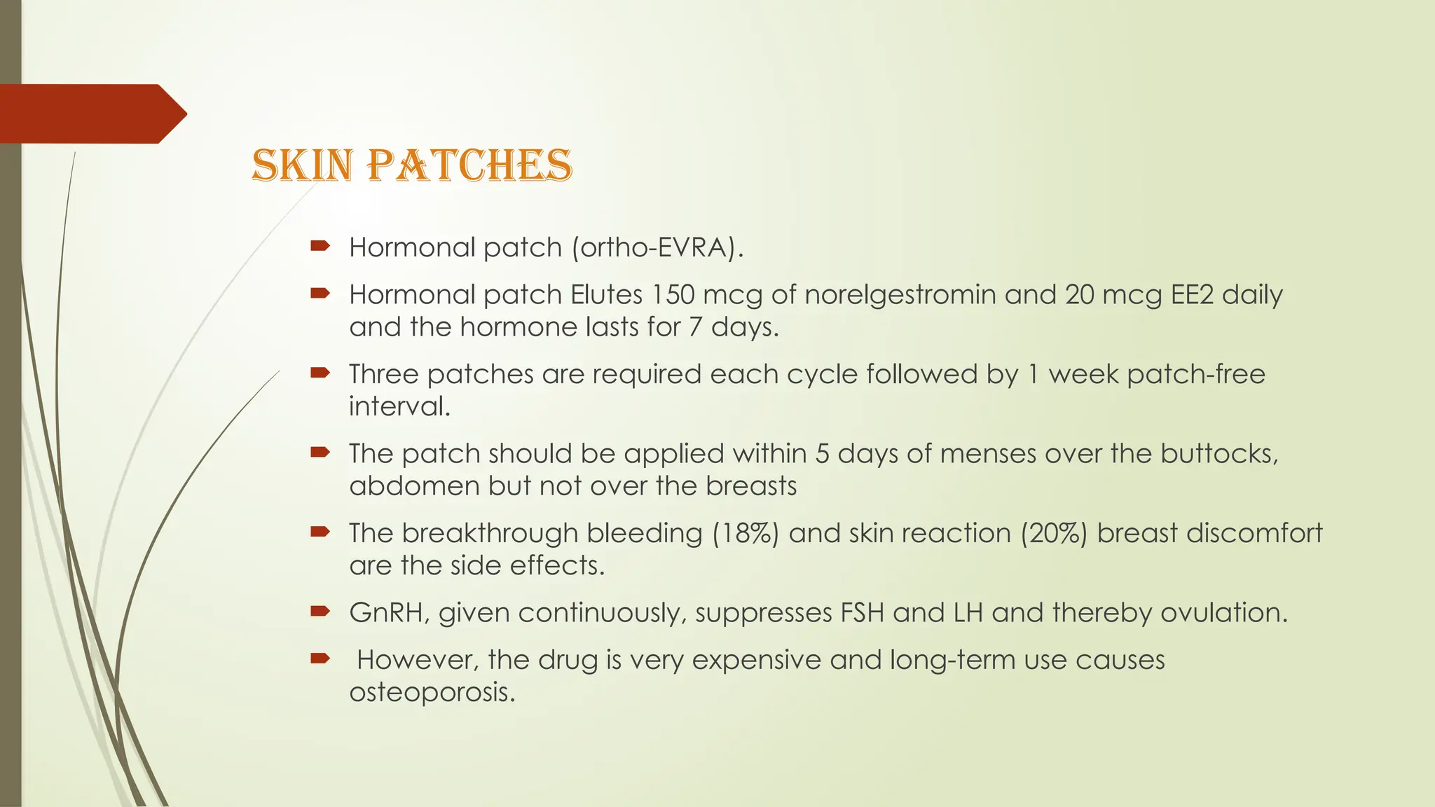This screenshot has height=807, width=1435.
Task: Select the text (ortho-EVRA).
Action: pyautogui.click(x=657, y=247)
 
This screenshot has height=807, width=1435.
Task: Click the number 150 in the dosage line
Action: pyautogui.click(x=673, y=294)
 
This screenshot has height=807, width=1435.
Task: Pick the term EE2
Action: pyautogui.click(x=1192, y=294)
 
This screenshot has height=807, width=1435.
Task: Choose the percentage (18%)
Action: pyautogui.click(x=746, y=533)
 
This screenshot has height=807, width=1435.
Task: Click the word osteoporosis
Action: pyautogui.click(x=432, y=692)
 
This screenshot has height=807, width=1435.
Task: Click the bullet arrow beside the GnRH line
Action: pyautogui.click(x=320, y=612)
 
